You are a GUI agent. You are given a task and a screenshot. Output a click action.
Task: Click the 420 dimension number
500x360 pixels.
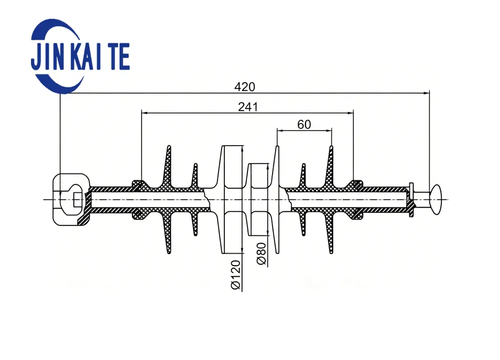(245, 87)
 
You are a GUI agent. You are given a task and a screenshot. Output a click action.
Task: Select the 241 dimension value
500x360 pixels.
(248, 107)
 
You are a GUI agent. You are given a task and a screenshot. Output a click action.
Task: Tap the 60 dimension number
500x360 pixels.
(304, 124)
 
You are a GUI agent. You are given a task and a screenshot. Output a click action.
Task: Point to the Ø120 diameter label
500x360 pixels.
(236, 275)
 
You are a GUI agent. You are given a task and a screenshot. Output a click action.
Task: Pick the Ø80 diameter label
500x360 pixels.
(261, 254)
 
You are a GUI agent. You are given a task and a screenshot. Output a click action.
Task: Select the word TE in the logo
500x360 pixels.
(118, 57)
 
